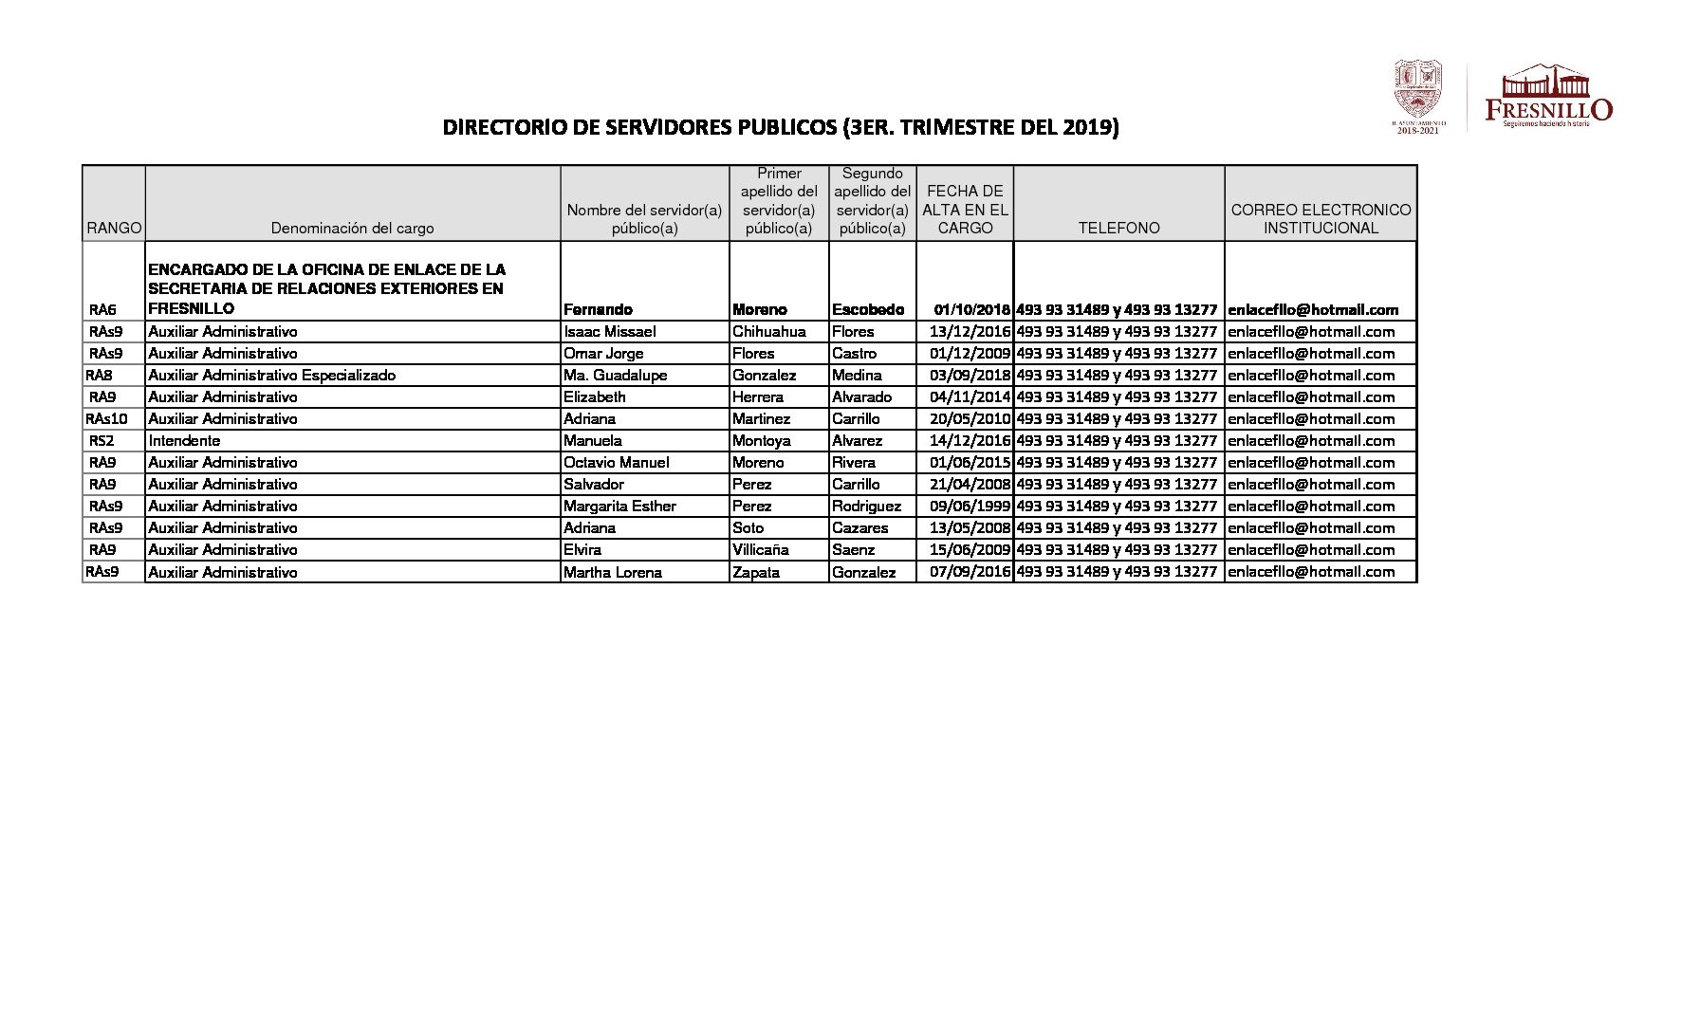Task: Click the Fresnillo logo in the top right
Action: coord(1548,97)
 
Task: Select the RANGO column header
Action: coord(114,228)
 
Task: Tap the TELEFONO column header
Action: coord(1118,228)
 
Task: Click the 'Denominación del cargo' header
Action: coord(352,228)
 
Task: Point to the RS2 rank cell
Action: coord(102,440)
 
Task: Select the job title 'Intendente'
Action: coord(184,440)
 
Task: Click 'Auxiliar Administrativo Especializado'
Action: coord(271,375)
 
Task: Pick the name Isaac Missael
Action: coord(609,331)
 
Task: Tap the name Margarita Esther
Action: coord(619,506)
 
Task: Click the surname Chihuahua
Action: coord(768,331)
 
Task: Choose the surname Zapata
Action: coord(756,572)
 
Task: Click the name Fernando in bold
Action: coord(598,309)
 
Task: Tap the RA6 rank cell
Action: coord(102,309)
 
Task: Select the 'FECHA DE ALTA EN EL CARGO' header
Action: coord(965,210)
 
